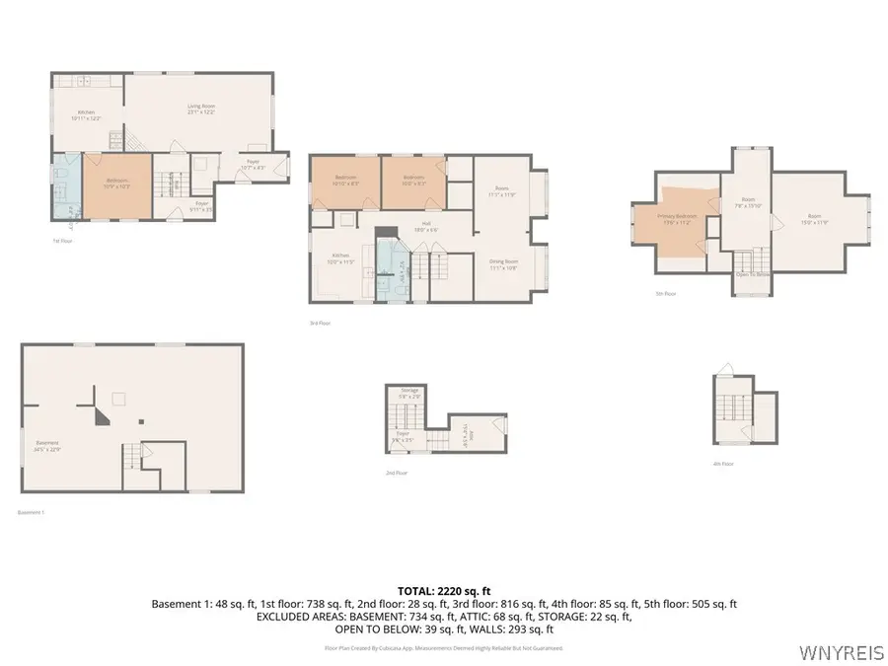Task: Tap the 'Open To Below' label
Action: point(753,275)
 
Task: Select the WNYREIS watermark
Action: point(842,652)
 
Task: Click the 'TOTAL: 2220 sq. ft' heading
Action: point(444,590)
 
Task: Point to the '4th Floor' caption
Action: point(723,463)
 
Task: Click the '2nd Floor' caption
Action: point(397,473)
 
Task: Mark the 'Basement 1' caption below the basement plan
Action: point(32,512)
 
